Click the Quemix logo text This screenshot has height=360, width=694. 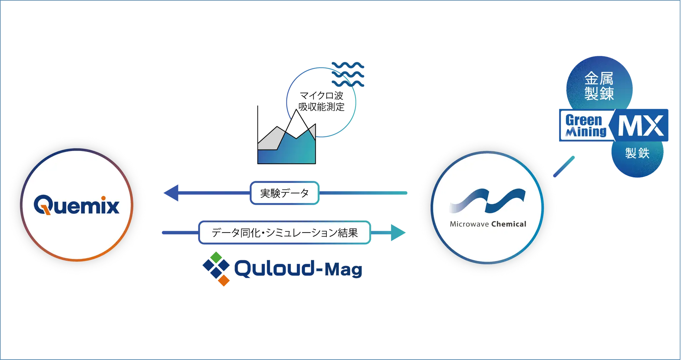click(x=77, y=205)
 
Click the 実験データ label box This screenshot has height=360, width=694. click(x=284, y=193)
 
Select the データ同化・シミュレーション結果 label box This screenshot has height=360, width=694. click(x=284, y=233)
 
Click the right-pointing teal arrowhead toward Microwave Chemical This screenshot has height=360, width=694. click(x=398, y=233)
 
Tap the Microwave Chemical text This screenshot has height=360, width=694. click(x=488, y=224)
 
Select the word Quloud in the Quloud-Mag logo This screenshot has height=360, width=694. click(x=274, y=269)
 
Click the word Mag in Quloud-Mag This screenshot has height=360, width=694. click(x=343, y=270)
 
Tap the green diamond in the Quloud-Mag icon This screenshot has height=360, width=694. click(x=216, y=256)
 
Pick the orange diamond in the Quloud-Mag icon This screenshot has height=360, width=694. click(x=224, y=281)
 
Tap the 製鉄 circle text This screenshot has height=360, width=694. click(x=637, y=153)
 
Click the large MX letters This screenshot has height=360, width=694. click(x=641, y=126)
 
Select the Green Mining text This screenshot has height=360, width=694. click(x=585, y=126)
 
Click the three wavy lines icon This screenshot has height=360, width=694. click(x=348, y=74)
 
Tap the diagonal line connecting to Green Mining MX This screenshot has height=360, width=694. click(x=564, y=166)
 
